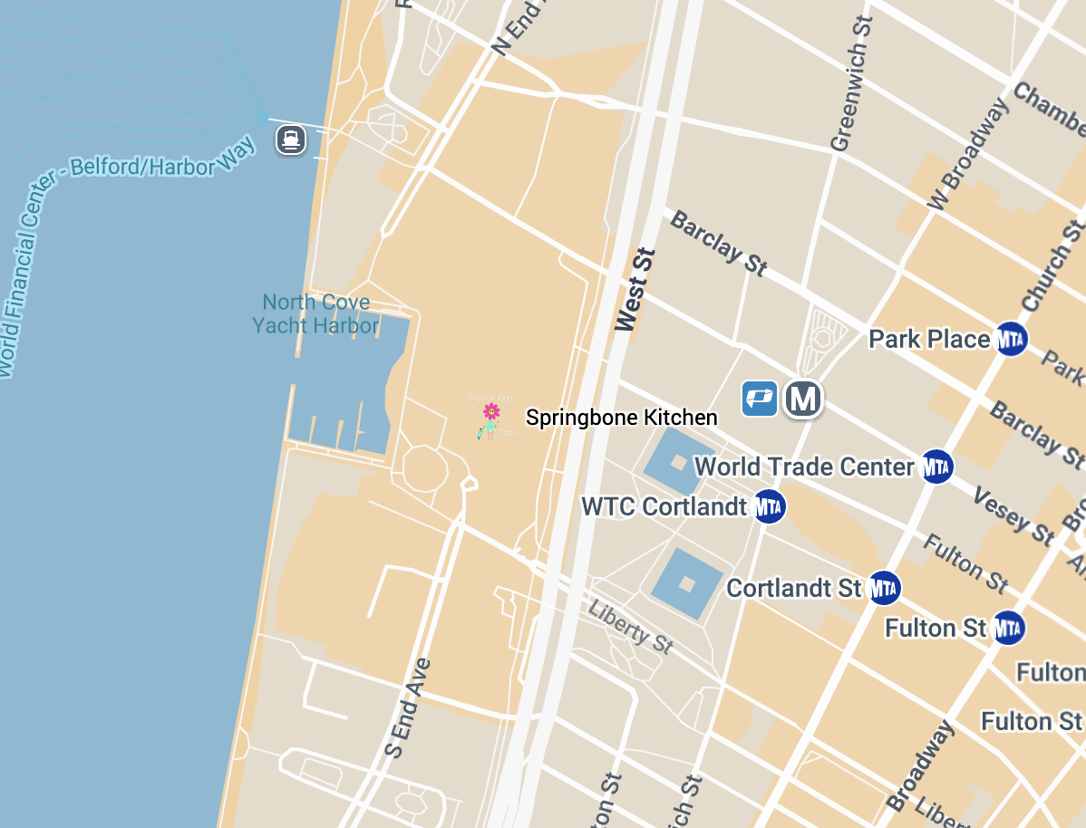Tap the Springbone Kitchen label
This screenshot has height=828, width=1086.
click(x=622, y=418)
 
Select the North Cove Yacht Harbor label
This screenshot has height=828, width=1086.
click(x=315, y=313)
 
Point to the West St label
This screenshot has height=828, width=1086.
click(x=635, y=290)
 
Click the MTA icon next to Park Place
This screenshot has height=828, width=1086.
click(x=1011, y=339)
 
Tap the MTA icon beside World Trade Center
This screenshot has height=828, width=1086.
click(x=936, y=467)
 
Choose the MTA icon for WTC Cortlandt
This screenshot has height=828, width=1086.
click(x=769, y=506)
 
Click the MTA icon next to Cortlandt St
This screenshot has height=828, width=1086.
click(x=883, y=588)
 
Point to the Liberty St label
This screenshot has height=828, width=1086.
click(x=630, y=626)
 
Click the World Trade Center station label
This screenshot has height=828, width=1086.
click(x=804, y=467)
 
